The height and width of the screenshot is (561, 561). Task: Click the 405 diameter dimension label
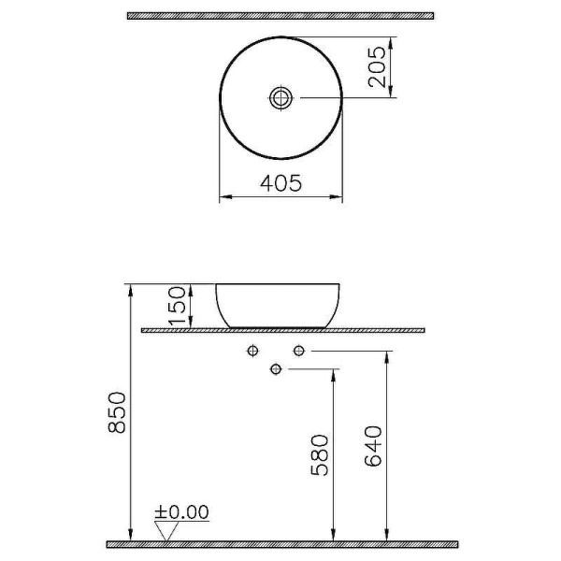pyautogui.click(x=280, y=185)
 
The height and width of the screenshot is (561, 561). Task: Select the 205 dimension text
pyautogui.click(x=377, y=66)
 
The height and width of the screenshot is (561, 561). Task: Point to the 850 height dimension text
pyautogui.click(x=117, y=412)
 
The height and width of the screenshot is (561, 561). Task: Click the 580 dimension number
pyautogui.click(x=320, y=455)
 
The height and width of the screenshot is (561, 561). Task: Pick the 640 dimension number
pyautogui.click(x=372, y=446)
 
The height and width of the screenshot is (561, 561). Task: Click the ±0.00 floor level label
pyautogui.click(x=182, y=512)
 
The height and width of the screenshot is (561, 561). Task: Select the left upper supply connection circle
pyautogui.click(x=252, y=351)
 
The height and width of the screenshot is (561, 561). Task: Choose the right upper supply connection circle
pyautogui.click(x=298, y=351)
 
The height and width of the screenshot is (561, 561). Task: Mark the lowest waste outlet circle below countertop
pyautogui.click(x=275, y=369)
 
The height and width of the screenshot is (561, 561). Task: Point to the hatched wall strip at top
pyautogui.click(x=280, y=16)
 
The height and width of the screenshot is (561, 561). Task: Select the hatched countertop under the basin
pyautogui.click(x=282, y=331)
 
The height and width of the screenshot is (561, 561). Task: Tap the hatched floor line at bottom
pyautogui.click(x=280, y=543)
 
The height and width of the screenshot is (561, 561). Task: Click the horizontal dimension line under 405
pyautogui.click(x=280, y=197)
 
